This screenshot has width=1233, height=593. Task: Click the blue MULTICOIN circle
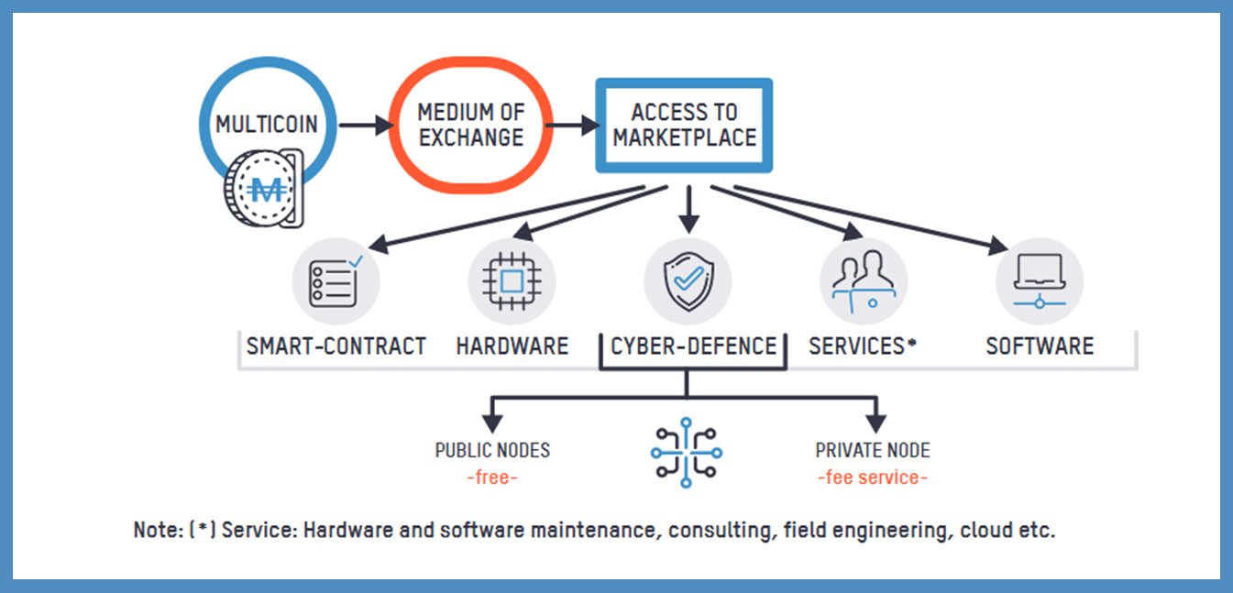266,123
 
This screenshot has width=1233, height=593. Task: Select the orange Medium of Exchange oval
471,125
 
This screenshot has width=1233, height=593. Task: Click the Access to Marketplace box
684,126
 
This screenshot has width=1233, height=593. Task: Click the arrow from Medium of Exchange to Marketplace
574,125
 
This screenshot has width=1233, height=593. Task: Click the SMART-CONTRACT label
336,346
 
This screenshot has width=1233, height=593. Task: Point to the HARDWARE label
512,346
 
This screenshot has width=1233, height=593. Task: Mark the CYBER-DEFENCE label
694,346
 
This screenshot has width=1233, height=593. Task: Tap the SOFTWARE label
1040,346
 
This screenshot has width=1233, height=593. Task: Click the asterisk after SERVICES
913,342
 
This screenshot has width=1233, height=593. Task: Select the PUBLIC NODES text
492,451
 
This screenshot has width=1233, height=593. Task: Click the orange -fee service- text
873,478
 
